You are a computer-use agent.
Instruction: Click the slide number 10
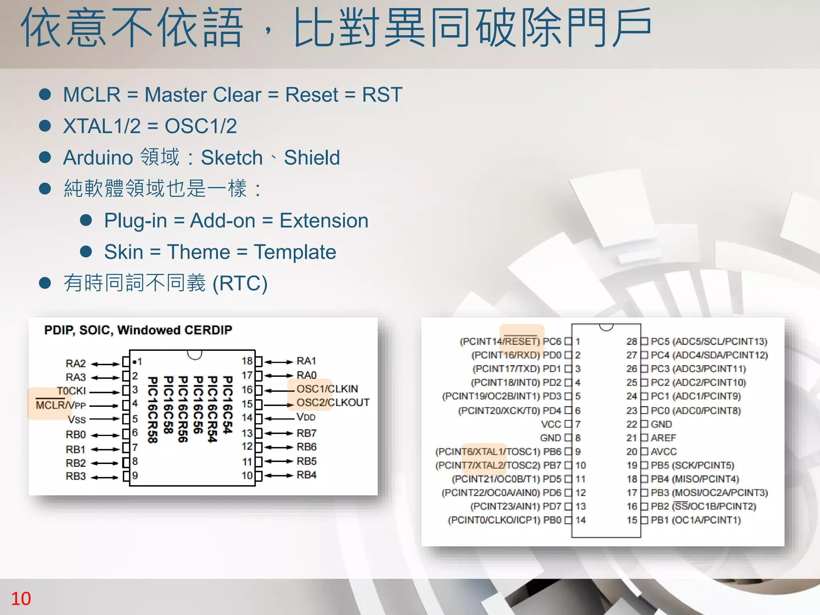[21, 599]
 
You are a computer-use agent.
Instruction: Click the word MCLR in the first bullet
[92, 95]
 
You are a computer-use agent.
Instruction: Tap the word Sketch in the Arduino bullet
[231, 157]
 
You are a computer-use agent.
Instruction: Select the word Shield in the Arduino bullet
[312, 157]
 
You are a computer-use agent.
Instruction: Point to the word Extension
[324, 221]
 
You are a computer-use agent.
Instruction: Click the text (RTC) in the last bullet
[240, 283]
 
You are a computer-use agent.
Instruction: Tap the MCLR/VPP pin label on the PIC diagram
[61, 405]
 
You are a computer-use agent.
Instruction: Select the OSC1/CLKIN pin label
[327, 389]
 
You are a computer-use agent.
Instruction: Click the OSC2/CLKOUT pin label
[333, 402]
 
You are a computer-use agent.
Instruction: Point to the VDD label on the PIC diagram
[306, 417]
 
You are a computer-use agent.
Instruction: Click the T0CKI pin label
[71, 391]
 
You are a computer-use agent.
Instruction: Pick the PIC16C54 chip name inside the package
[227, 405]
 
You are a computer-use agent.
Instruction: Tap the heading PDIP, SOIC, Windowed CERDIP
[138, 330]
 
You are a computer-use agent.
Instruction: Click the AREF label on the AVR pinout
[663, 438]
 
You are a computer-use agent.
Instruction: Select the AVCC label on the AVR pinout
[663, 452]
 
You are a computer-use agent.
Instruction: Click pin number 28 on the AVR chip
[631, 342]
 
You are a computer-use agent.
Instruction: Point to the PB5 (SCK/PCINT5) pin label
[692, 465]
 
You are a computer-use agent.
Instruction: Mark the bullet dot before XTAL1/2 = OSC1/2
[45, 126]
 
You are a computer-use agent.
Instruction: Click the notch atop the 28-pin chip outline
[606, 327]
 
